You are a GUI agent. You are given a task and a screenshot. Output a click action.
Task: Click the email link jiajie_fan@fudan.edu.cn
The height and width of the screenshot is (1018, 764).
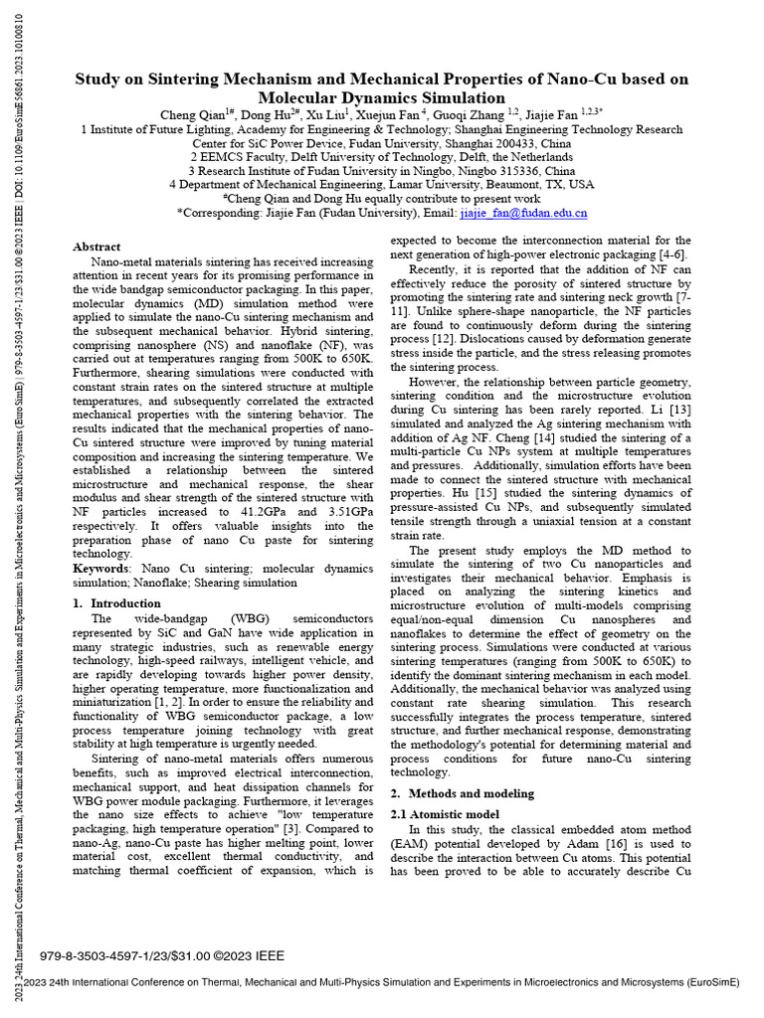(x=523, y=213)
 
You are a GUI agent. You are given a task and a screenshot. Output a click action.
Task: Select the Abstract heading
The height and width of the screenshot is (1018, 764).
(x=96, y=247)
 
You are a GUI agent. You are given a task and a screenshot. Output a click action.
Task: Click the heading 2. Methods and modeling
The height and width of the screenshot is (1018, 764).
(x=461, y=793)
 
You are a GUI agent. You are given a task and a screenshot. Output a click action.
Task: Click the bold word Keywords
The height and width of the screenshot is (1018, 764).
(x=100, y=568)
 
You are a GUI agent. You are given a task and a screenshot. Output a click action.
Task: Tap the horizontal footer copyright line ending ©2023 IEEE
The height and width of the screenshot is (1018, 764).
(x=161, y=956)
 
